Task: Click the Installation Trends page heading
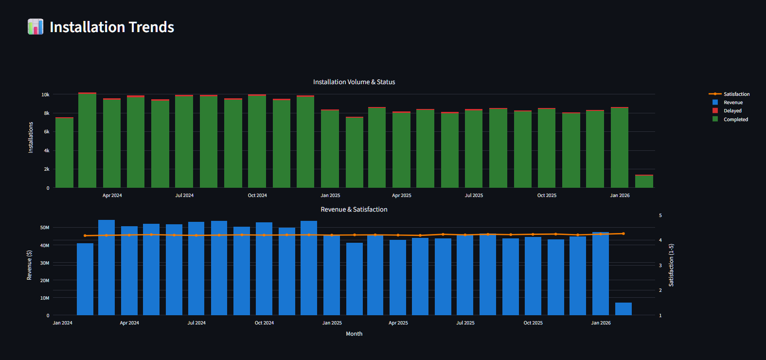pos(112,27)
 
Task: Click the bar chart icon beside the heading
pos(36,27)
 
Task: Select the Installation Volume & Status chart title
pos(354,82)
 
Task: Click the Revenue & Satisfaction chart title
pos(354,209)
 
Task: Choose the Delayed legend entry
pos(732,110)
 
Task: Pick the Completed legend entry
pos(735,119)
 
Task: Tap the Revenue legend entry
pos(732,102)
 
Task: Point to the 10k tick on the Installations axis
pos(45,94)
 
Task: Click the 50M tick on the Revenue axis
pos(44,227)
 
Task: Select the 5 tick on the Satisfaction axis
pos(660,215)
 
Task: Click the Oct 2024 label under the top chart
pos(257,195)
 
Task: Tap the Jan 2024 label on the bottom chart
pos(62,323)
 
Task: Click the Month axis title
pos(354,334)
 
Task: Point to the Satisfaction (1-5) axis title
pos(671,265)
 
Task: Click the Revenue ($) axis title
pos(29,265)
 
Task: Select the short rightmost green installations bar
pos(644,181)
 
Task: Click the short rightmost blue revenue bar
pos(623,309)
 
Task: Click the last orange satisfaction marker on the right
pos(623,234)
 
